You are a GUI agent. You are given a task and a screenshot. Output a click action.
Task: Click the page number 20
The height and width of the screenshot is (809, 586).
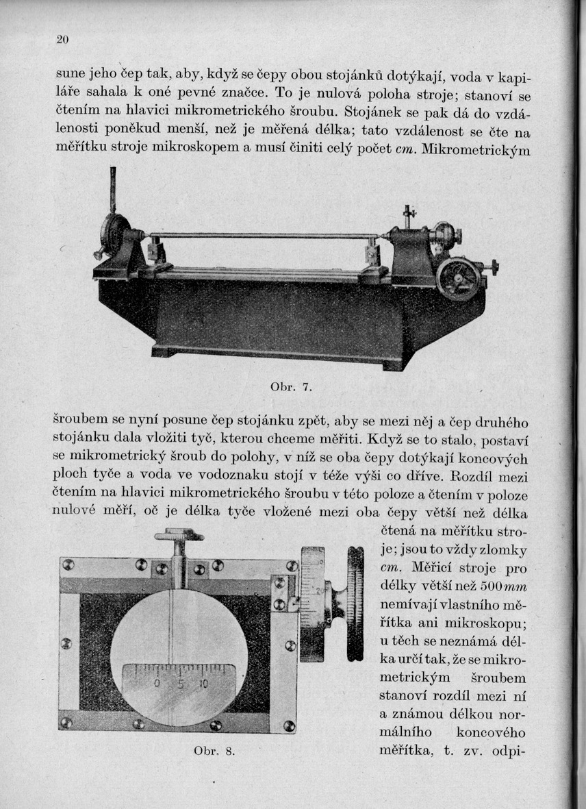point(62,40)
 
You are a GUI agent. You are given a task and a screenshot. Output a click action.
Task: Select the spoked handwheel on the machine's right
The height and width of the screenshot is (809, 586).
point(458,278)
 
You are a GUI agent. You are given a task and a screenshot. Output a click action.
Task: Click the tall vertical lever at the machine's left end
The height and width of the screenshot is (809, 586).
point(113,190)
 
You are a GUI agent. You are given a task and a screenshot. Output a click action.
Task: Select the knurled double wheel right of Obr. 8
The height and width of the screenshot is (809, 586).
point(355,603)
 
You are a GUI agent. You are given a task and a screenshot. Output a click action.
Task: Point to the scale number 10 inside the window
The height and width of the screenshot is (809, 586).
point(203,684)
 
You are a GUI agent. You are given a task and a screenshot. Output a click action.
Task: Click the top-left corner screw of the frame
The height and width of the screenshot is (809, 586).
point(68,564)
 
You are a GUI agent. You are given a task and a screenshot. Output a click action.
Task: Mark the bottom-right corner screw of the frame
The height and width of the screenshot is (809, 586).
point(290,725)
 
